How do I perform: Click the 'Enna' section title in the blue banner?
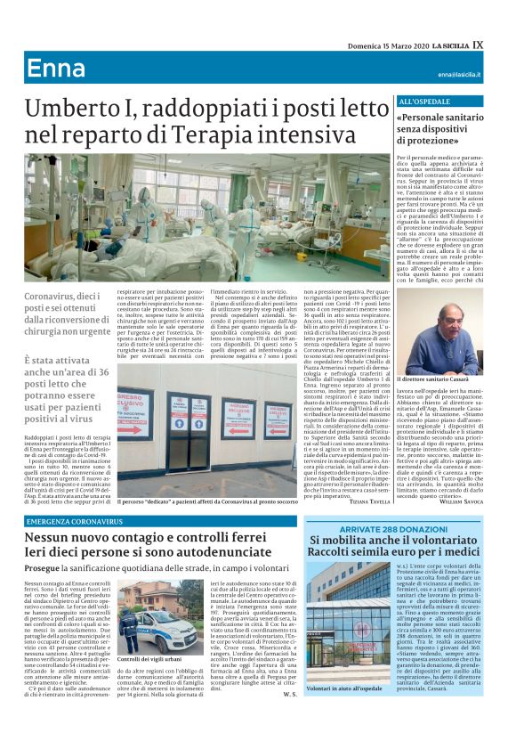[x=55, y=69]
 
